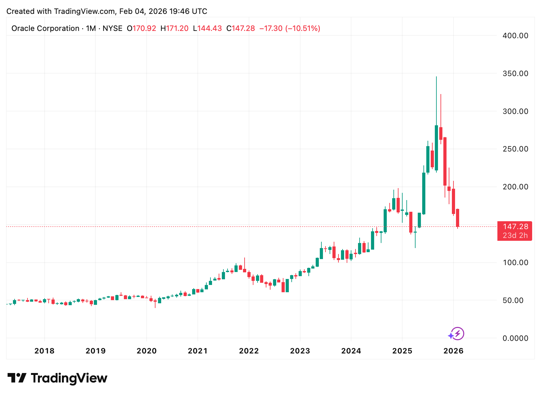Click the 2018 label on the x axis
(x=44, y=351)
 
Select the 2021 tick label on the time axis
(x=198, y=351)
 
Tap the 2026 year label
(x=453, y=351)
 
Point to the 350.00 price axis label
(x=515, y=74)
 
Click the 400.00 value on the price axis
(x=515, y=36)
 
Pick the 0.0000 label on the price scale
(x=515, y=338)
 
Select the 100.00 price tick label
(x=515, y=263)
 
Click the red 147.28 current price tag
(x=515, y=227)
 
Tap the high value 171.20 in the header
(x=177, y=28)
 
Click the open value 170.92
(x=144, y=28)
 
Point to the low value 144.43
(x=210, y=28)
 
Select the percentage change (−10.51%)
(x=303, y=28)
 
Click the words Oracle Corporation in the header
(x=45, y=28)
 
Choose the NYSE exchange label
(x=112, y=28)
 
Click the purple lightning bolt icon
(x=457, y=334)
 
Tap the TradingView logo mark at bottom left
(x=17, y=378)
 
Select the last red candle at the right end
(x=457, y=218)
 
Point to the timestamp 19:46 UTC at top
(x=188, y=11)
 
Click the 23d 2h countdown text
(x=515, y=235)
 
